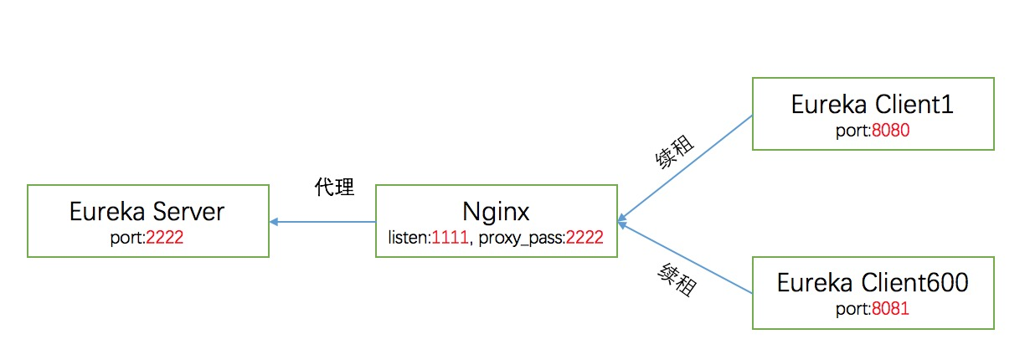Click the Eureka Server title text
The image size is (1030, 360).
pos(147,212)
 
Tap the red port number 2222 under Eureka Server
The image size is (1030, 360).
pos(164,238)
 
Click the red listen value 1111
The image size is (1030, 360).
pos(448,238)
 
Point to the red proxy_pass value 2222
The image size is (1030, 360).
pos(585,238)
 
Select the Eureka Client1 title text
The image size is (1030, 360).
pos(873,105)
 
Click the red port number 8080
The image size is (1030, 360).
pos(889,131)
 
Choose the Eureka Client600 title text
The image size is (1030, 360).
pos(873,283)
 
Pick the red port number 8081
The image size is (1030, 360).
pos(889,309)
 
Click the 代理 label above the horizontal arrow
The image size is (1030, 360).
pos(333,188)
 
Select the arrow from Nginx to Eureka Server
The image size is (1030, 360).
pos(322,222)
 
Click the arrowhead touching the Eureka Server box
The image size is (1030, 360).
pos(274,222)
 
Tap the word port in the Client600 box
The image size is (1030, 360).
pos(852,309)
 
